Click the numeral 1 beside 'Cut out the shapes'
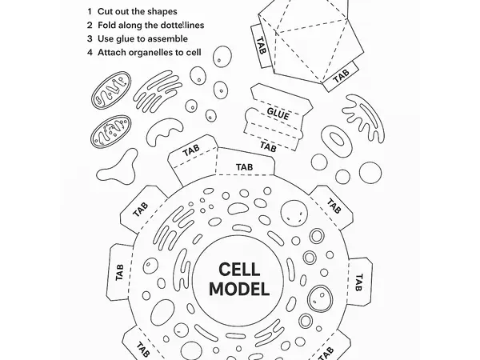(90, 12)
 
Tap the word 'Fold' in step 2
(110, 26)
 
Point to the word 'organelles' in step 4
(157, 53)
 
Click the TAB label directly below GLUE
(269, 146)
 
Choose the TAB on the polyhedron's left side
(262, 39)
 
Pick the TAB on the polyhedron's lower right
(342, 75)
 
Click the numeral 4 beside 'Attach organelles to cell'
(90, 53)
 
